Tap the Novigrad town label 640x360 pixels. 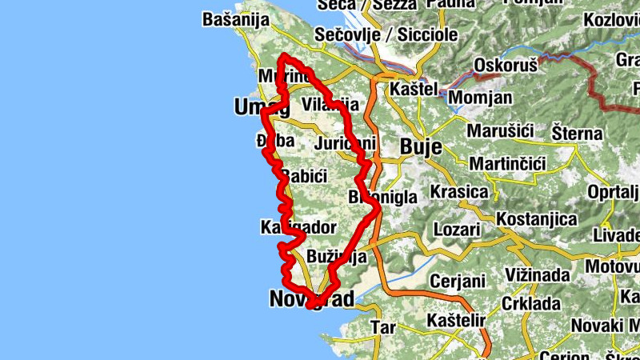[311, 299]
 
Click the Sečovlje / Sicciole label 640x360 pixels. [386, 34]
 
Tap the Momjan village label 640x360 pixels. [480, 97]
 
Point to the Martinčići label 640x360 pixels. [507, 164]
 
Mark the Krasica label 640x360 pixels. [459, 192]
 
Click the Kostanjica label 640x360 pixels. [536, 218]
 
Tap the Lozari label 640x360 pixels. [457, 229]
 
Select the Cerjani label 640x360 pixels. [458, 281]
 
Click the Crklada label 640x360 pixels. [532, 304]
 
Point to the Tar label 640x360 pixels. [383, 326]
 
